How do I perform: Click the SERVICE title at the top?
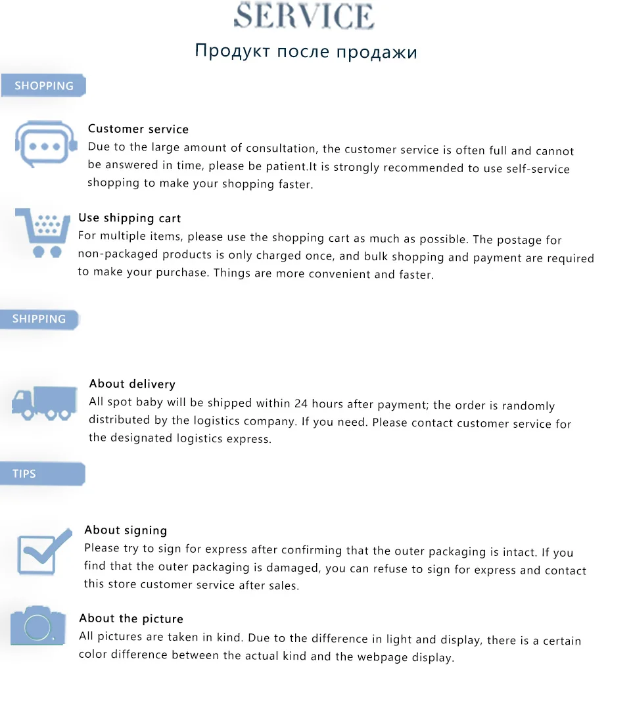pos(304,16)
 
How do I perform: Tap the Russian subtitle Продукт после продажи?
pos(306,51)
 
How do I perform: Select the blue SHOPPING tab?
pos(43,85)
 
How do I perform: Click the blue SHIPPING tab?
pos(39,319)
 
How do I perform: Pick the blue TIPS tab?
pos(24,473)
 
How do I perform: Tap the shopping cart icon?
pos(43,233)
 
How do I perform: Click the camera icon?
pos(37,626)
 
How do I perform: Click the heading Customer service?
pos(138,129)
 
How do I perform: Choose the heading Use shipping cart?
pos(129,218)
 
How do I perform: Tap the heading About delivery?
pos(132,384)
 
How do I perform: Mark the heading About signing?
pos(126,530)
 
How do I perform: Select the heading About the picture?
pos(131,618)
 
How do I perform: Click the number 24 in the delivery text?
pos(301,403)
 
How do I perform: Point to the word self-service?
pos(538,168)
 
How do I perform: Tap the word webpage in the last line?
pos(379,656)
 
